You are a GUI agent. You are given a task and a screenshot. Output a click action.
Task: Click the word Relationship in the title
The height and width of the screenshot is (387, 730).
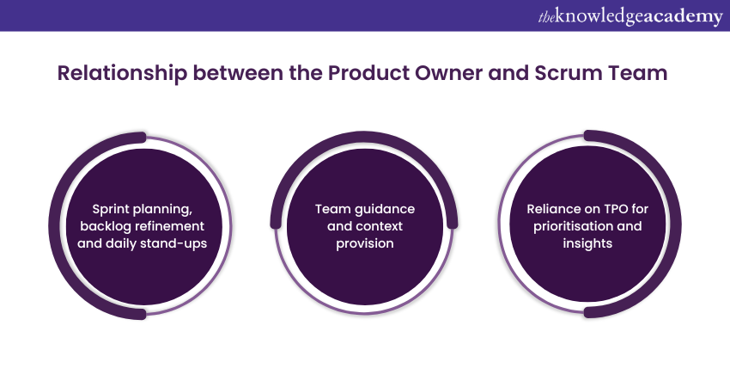[121, 73]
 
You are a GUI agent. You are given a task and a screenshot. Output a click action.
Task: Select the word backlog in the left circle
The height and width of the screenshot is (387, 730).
[105, 225]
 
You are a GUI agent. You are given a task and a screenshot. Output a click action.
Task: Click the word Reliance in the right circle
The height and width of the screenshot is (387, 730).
[555, 208]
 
